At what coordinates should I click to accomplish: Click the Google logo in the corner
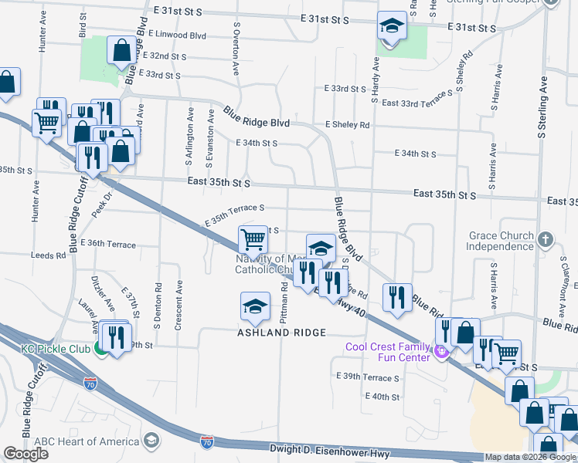(25, 454)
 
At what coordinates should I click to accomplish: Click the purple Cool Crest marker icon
(442, 353)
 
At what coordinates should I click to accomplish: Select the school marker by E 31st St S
(392, 27)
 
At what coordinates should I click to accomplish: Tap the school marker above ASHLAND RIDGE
(254, 307)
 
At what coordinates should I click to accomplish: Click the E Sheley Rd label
(348, 124)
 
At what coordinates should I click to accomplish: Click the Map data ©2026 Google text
(530, 457)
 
